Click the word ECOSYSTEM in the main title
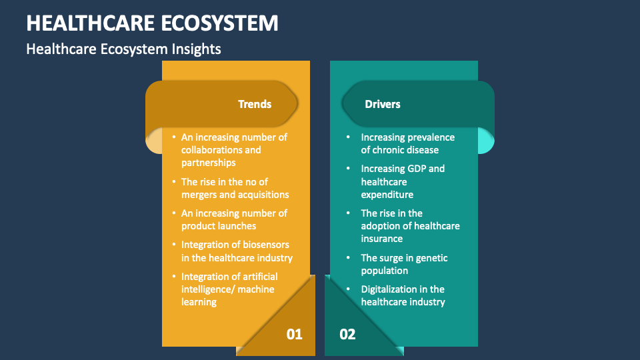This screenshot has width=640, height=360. tap(220, 23)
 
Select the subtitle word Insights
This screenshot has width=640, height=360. tap(197, 49)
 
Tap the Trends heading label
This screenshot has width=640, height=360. tap(255, 104)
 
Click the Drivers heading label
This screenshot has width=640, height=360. tap(383, 104)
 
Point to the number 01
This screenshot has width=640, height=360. tap(294, 334)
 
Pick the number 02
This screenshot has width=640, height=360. tap(348, 334)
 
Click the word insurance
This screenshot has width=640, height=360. tap(382, 239)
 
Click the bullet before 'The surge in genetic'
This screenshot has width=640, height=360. tap(347, 258)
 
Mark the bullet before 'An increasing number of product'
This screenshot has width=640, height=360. tap(173, 213)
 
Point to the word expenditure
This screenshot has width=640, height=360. tap(387, 195)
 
